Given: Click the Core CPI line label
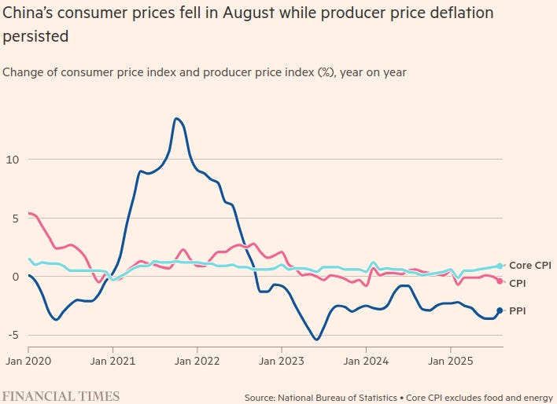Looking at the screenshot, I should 530,266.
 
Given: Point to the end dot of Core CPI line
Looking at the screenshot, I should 500,266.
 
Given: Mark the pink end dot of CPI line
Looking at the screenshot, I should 500,281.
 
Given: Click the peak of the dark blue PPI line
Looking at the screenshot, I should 176,119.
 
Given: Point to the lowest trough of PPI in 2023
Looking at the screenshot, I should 316,340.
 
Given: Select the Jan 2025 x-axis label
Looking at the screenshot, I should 450,362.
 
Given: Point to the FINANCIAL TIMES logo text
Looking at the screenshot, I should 61,396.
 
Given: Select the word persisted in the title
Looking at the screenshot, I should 34,37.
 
